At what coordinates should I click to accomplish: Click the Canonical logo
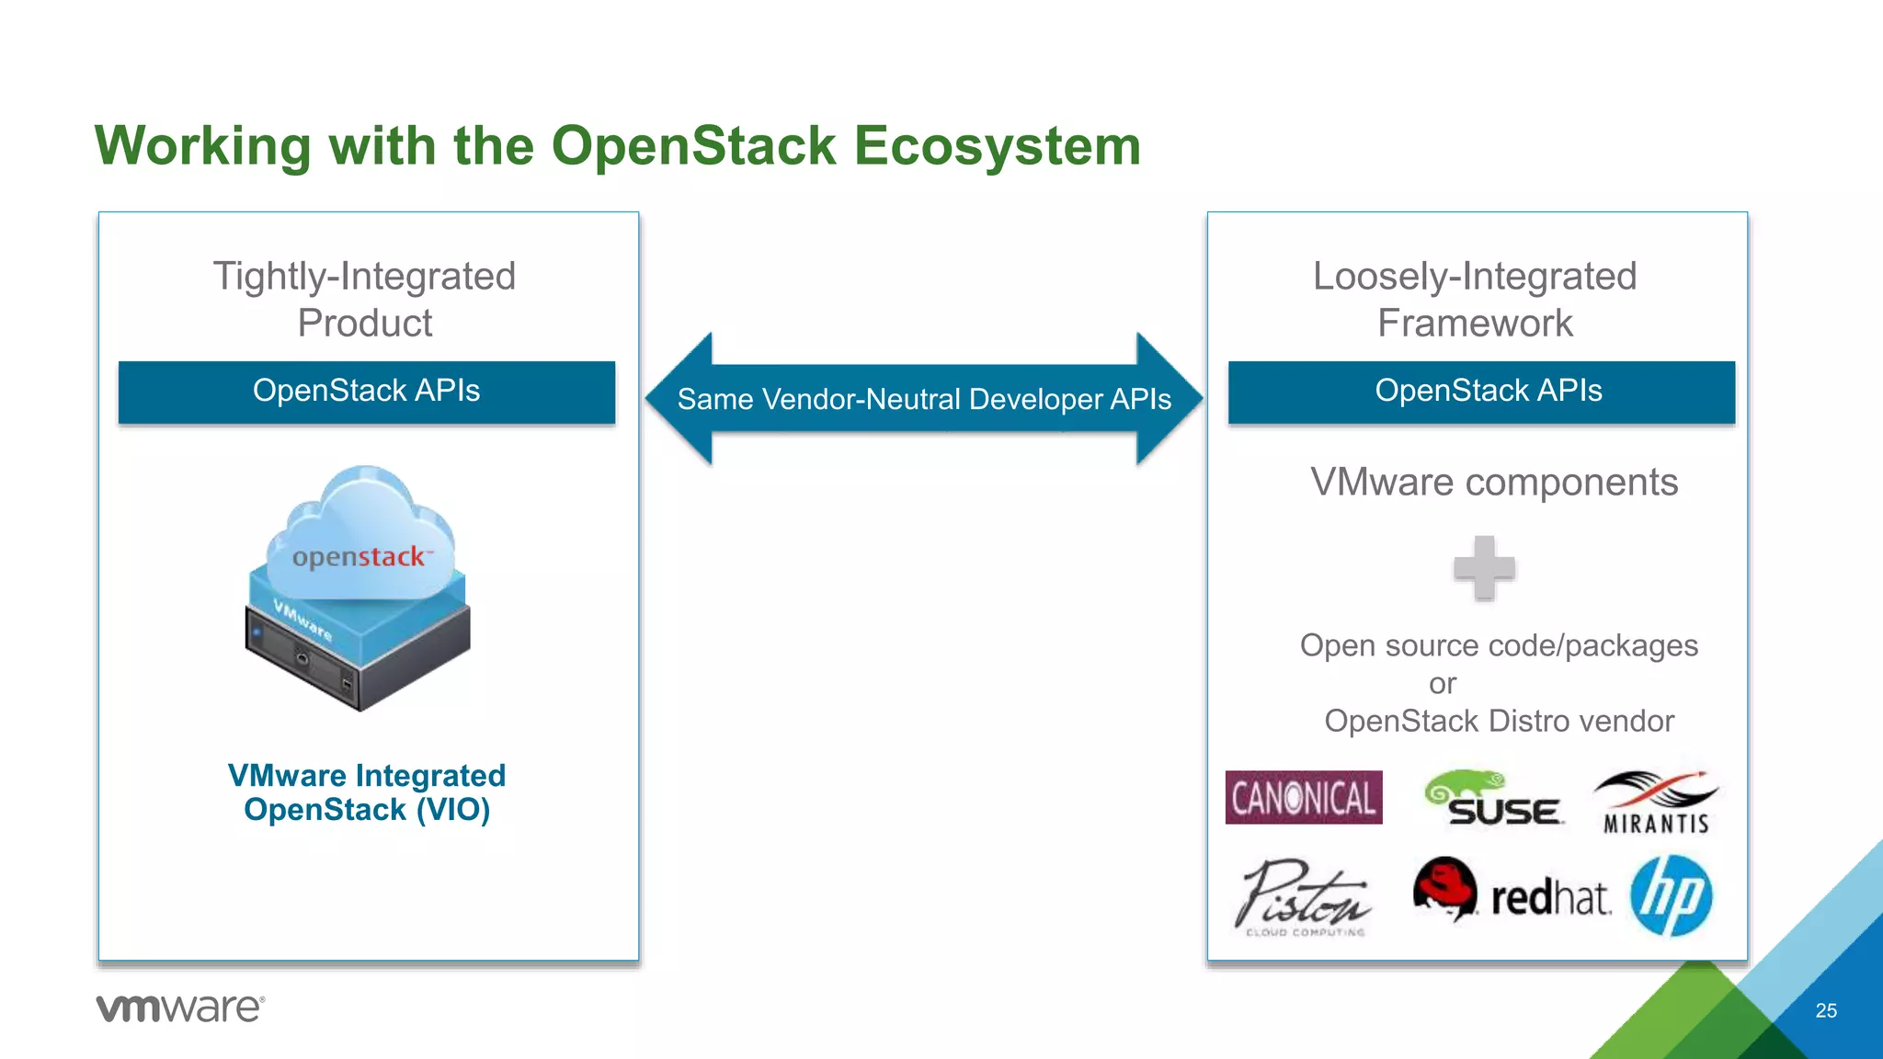pos(1303,797)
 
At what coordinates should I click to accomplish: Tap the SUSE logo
pos(1493,799)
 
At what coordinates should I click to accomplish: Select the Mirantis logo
pos(1656,803)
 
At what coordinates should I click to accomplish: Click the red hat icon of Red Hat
pos(1444,888)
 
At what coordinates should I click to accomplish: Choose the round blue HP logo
pos(1671,895)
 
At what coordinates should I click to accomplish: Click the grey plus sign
pos(1484,568)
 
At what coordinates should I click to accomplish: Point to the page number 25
pos(1826,1010)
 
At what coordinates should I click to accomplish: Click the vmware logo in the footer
pos(180,1008)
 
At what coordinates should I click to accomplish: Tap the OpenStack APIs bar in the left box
pos(366,392)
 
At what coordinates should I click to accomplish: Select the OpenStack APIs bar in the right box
pos(1481,392)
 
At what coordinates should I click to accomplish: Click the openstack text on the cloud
pos(359,557)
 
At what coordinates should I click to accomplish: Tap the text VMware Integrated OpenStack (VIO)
pos(366,792)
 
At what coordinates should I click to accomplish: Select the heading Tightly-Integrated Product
pos(364,299)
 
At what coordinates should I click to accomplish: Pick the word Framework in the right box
pos(1475,324)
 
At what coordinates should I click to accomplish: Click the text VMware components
pos(1494,483)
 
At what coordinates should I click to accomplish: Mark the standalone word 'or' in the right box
pos(1443,684)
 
